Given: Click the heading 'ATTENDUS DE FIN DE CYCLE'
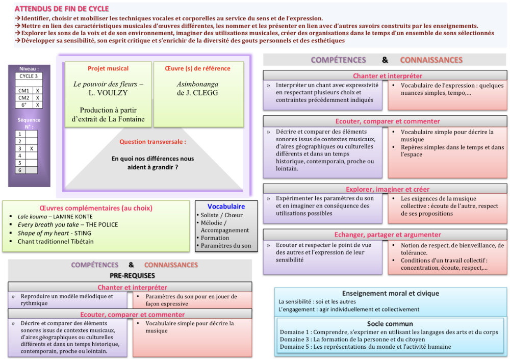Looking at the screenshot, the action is (x=62, y=9).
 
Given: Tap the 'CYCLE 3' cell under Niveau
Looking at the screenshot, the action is (x=29, y=76).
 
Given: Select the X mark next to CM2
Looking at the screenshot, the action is (x=38, y=97).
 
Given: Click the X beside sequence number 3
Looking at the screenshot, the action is (x=32, y=148).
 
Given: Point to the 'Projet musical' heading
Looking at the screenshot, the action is (x=108, y=68).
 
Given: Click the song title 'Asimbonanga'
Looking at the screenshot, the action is (x=197, y=84).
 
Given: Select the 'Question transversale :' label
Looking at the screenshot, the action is (x=152, y=142).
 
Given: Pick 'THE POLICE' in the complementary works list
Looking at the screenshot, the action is (x=101, y=225).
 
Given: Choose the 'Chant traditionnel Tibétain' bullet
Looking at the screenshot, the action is (x=56, y=242).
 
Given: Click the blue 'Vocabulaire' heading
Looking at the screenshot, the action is (x=226, y=207).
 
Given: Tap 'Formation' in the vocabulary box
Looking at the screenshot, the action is (x=215, y=238).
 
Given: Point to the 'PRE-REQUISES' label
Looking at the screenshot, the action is (x=133, y=275).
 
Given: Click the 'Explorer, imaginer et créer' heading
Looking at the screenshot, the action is (x=388, y=189).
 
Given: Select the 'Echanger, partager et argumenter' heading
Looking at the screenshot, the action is (x=388, y=235).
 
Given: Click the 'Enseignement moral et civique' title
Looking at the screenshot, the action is (x=390, y=293).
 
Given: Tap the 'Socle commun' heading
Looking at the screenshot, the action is (x=390, y=324).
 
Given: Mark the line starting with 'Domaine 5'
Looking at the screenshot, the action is (x=365, y=347).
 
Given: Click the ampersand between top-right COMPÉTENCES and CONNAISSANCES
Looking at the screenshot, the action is (x=385, y=60).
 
